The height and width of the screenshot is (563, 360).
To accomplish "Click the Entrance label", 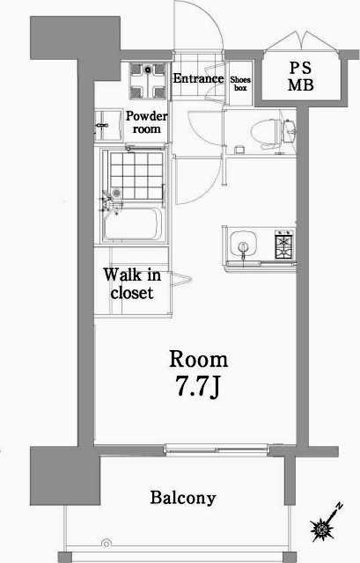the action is click(198, 78).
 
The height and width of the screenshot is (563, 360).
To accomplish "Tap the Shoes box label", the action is click(240, 84).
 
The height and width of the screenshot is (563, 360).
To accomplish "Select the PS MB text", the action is click(301, 77).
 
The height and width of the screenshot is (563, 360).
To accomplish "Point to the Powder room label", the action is click(146, 122).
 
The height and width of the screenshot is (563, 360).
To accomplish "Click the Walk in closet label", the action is click(132, 283).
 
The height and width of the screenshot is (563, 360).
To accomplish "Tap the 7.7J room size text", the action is click(197, 387).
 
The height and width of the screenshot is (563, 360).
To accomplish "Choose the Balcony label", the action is click(183, 498).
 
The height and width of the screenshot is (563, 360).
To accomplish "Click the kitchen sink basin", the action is click(243, 245).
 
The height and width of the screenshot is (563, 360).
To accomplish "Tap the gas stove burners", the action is click(284, 245).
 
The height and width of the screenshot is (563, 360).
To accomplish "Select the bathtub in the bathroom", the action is click(132, 224).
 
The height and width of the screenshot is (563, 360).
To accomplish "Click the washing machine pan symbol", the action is click(148, 80).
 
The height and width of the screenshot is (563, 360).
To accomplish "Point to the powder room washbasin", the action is click(107, 126).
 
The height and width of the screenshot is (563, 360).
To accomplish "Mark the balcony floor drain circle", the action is click(107, 543).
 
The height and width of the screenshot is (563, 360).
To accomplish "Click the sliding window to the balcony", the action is click(217, 449).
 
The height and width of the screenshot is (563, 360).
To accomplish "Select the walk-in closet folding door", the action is click(180, 280).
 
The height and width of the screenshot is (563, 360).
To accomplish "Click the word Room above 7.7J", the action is click(198, 360).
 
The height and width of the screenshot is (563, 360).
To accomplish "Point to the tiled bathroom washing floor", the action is click(136, 176).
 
